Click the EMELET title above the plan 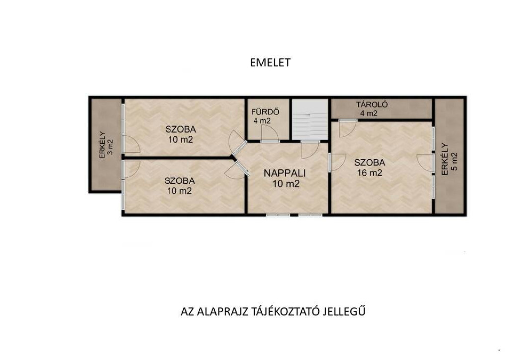[270, 62]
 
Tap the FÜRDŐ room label [265, 112]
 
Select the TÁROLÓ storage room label [372, 105]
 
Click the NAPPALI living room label [285, 173]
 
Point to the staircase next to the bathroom [310, 119]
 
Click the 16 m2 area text [369, 173]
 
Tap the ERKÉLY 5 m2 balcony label [449, 159]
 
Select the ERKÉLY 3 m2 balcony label [106, 145]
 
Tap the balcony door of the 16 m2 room [425, 162]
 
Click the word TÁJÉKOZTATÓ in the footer [286, 312]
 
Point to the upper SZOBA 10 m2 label [181, 134]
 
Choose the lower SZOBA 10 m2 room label [179, 185]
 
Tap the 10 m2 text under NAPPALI [286, 184]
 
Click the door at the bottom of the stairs [310, 149]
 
